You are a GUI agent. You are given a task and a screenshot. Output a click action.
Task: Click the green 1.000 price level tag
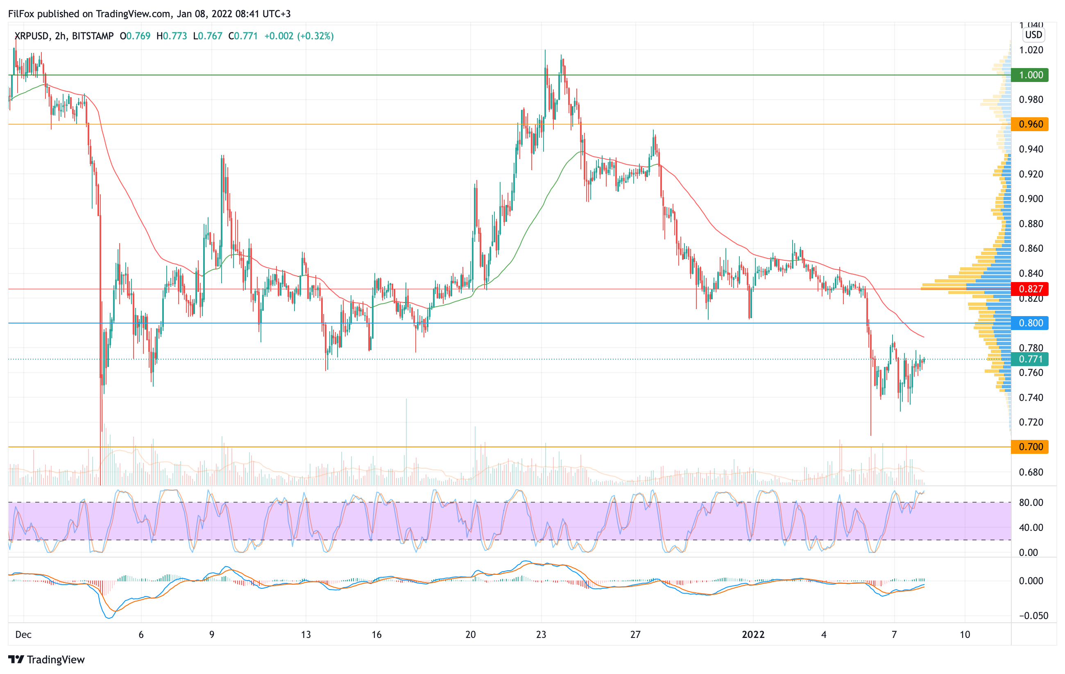(1030, 75)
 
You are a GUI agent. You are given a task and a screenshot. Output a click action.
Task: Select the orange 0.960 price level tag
(1030, 124)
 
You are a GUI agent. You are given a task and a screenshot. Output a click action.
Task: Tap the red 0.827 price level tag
(1030, 289)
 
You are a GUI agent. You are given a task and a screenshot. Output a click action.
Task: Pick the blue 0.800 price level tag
(1030, 323)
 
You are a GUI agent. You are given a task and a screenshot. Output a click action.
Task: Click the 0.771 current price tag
(1030, 359)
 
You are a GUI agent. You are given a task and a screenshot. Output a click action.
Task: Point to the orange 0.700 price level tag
(1030, 446)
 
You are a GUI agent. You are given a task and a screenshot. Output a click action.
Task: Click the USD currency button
(1033, 35)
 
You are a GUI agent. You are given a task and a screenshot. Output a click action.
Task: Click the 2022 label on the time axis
(753, 635)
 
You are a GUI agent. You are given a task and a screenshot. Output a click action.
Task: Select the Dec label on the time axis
(23, 635)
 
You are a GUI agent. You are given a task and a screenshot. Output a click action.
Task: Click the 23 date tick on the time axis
(541, 635)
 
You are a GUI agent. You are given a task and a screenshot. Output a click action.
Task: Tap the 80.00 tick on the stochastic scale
(1031, 502)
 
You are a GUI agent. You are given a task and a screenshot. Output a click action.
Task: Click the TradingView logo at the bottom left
(46, 659)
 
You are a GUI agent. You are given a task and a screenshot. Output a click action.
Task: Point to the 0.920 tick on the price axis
(1031, 174)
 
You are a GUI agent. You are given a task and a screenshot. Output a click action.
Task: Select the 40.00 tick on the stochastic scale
(1031, 528)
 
